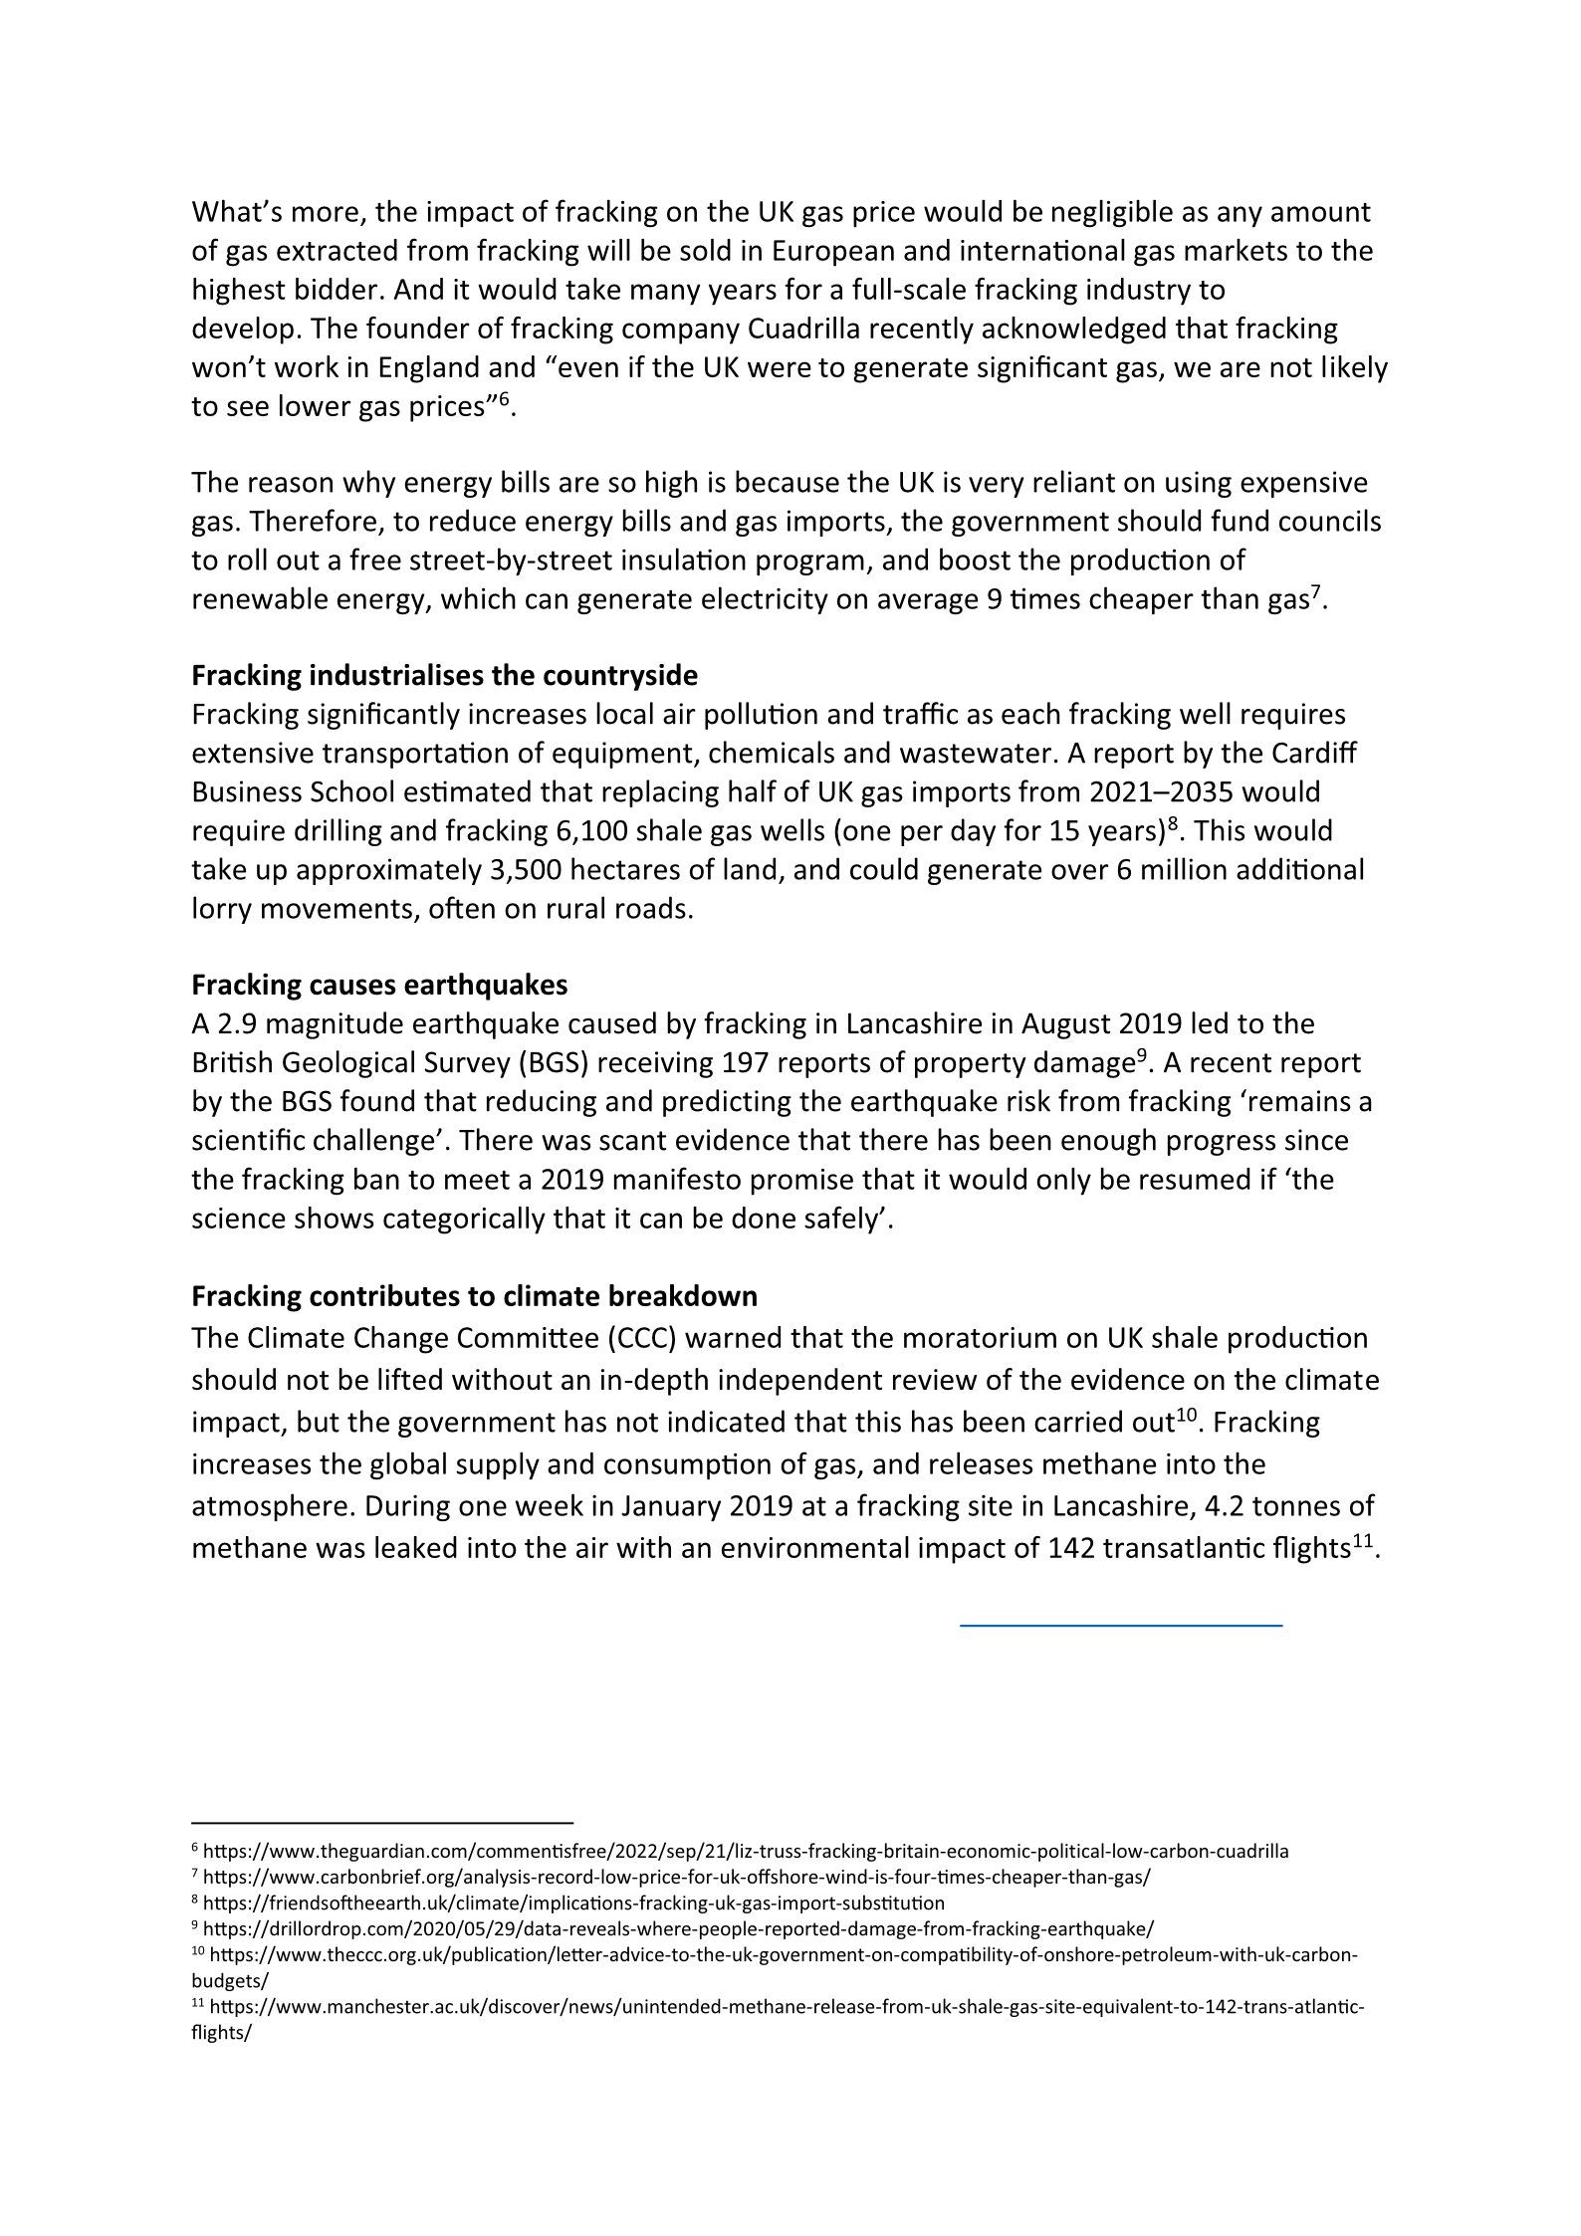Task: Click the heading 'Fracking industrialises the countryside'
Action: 444,676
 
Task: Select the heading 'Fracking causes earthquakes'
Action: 379,985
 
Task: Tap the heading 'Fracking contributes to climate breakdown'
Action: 474,1296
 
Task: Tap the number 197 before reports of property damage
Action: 743,1063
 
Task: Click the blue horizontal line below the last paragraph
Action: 1121,1626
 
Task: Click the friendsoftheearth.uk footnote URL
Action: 573,1902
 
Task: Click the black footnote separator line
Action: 382,1822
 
